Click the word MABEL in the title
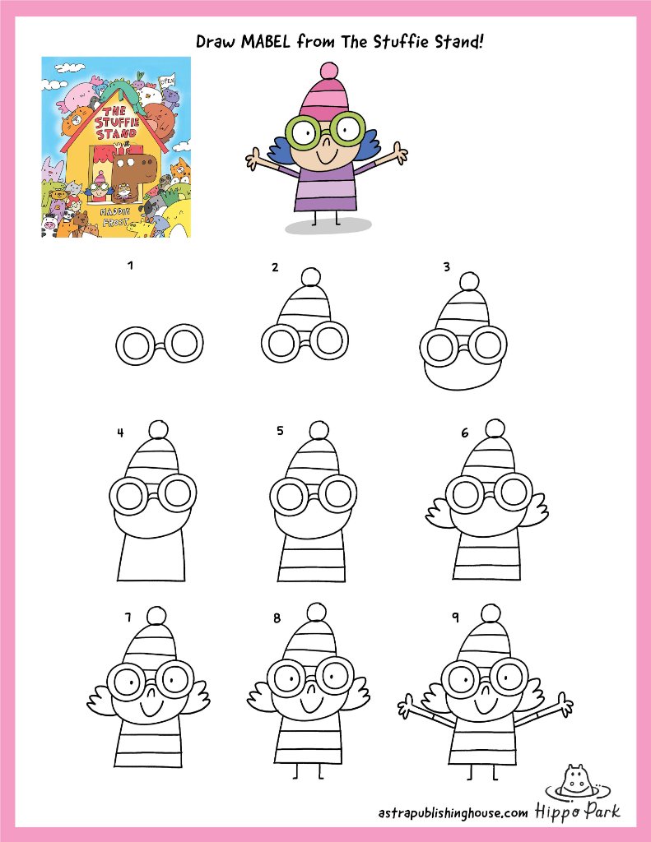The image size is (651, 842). click(x=266, y=41)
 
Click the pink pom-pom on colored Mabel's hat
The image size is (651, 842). click(x=328, y=72)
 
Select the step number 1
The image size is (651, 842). click(x=130, y=265)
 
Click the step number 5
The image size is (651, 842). click(x=280, y=431)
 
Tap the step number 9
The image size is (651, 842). click(x=455, y=618)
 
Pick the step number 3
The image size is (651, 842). click(x=446, y=267)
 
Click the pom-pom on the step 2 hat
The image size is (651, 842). click(x=311, y=276)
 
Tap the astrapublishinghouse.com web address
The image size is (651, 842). click(x=453, y=812)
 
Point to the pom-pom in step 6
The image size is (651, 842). click(x=495, y=428)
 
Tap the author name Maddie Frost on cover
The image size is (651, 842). click(x=115, y=216)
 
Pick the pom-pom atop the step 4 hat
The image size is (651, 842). click(x=159, y=430)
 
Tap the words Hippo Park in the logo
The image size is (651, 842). click(x=578, y=811)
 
